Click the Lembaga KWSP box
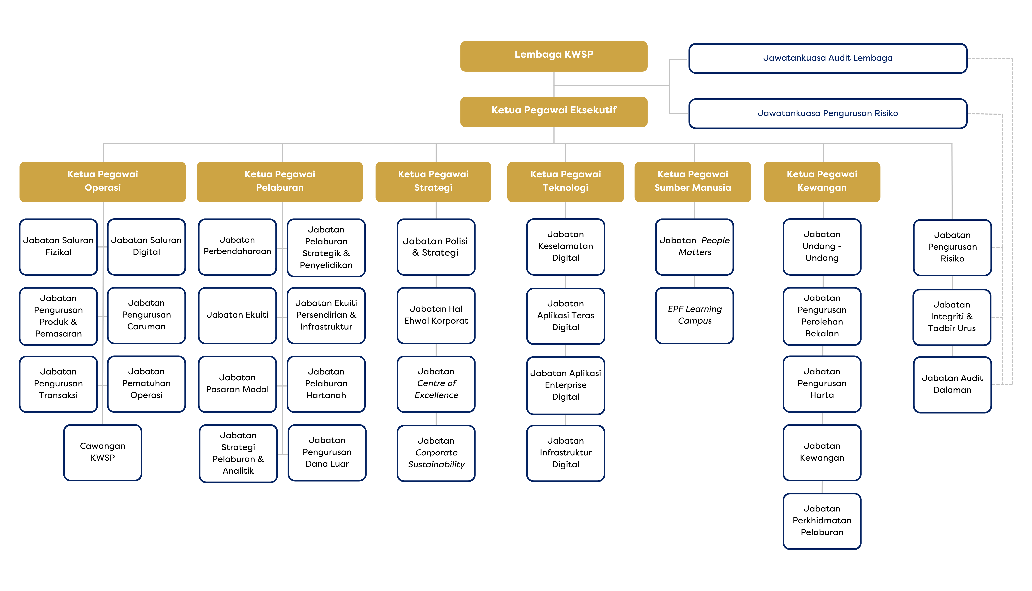pos(554,56)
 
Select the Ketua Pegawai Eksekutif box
pos(554,112)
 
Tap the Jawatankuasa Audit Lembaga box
pos(828,58)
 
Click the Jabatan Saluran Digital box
pos(147,247)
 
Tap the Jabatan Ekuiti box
pos(238,315)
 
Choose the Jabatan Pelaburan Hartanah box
pos(326,384)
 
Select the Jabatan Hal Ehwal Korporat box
pos(436,315)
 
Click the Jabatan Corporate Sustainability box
pos(436,453)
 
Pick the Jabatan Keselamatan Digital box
pos(565,247)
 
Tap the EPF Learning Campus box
pos(695,315)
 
